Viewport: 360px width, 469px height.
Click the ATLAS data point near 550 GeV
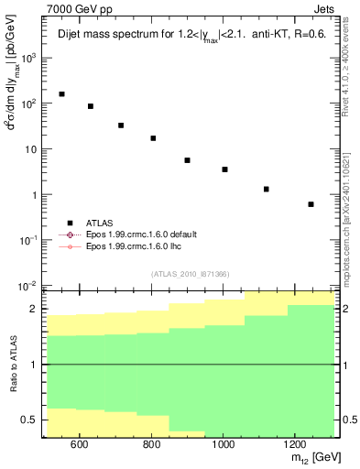pyautogui.click(x=61, y=94)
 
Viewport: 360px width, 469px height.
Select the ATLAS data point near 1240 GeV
pyautogui.click(x=311, y=204)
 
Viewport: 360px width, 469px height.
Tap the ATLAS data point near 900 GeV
pyautogui.click(x=187, y=160)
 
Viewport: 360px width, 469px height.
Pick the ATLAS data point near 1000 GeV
pyautogui.click(x=224, y=169)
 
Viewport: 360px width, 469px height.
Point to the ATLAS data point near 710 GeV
pyautogui.click(x=121, y=125)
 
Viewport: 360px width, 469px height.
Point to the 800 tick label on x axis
pyautogui.click(x=150, y=444)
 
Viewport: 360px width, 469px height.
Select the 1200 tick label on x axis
pyautogui.click(x=293, y=444)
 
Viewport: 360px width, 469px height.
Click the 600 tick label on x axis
pyautogui.click(x=79, y=444)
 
